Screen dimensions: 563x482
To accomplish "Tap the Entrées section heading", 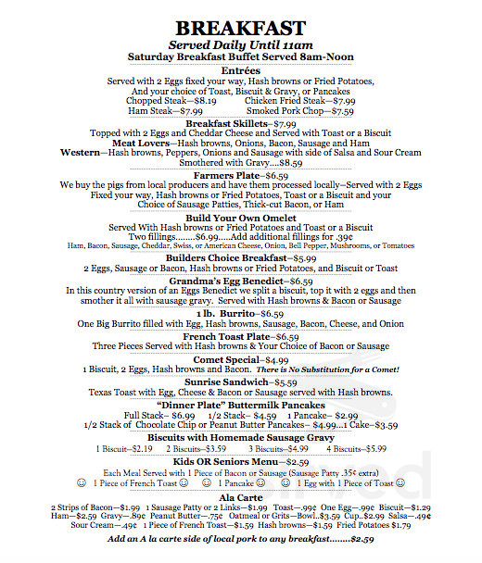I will point(241,70).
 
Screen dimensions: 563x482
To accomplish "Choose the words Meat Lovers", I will point(143,144).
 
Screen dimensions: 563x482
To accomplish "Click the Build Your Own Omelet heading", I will point(240,217).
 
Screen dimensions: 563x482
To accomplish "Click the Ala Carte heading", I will point(241,497).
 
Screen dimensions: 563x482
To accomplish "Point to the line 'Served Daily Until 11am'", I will point(241,44).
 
